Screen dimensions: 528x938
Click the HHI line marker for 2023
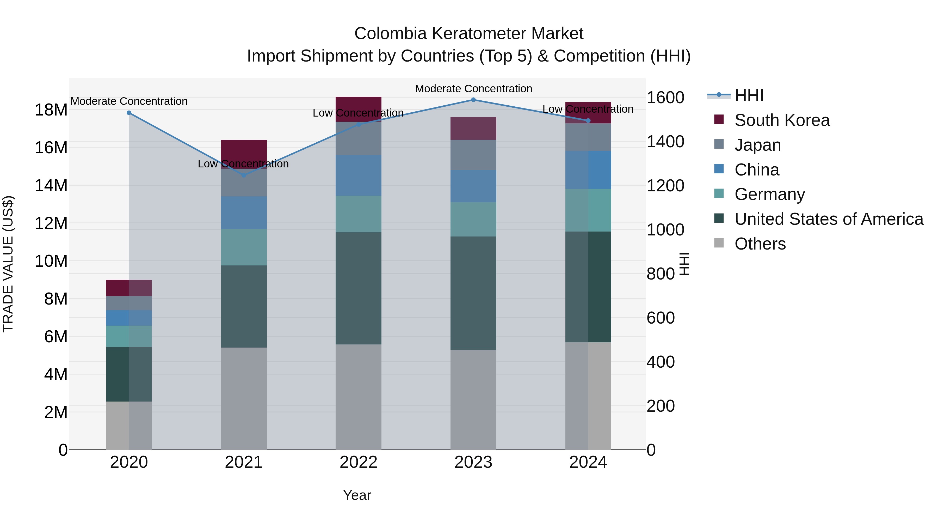tap(473, 100)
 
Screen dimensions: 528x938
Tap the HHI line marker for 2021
tap(244, 175)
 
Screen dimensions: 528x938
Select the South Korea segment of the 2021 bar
tap(244, 153)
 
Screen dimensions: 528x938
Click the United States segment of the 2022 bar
tap(358, 288)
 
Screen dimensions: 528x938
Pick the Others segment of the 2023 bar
tap(473, 399)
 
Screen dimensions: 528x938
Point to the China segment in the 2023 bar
tap(473, 186)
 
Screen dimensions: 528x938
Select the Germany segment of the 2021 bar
tap(244, 247)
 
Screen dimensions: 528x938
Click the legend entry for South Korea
tap(782, 120)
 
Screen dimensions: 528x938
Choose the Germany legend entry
tap(769, 194)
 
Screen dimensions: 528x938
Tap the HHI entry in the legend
tap(749, 95)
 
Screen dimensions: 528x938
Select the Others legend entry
tap(760, 244)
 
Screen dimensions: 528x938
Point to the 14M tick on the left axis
tap(51, 185)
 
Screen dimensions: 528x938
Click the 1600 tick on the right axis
tap(665, 98)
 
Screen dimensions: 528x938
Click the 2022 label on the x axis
tap(358, 462)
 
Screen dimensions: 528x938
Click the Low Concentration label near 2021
tap(243, 164)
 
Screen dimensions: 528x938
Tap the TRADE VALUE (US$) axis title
tap(8, 264)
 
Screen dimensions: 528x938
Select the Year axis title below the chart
tap(357, 495)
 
